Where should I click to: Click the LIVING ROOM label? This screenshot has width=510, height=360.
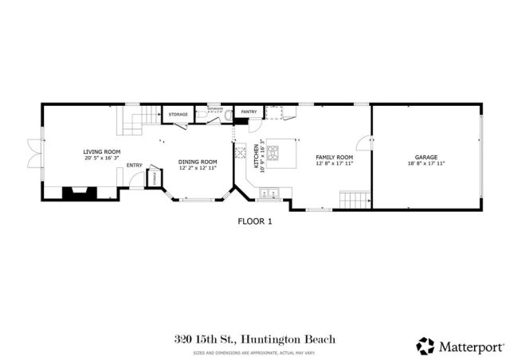click(x=101, y=151)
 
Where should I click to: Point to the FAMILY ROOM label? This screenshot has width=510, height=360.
click(x=334, y=157)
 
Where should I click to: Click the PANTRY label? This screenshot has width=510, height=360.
click(x=249, y=112)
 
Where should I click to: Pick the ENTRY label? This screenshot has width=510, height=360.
click(x=133, y=166)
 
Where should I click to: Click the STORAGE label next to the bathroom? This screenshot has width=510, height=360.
click(x=178, y=115)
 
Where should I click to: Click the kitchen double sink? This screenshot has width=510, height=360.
click(x=269, y=191)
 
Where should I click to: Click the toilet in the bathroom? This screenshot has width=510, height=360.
click(x=228, y=116)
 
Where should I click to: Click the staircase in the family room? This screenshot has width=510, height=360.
click(x=354, y=198)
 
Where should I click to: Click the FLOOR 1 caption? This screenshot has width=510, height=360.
click(x=255, y=222)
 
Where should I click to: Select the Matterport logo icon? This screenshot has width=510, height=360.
click(x=426, y=345)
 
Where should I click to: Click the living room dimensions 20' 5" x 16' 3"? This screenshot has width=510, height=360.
click(x=101, y=158)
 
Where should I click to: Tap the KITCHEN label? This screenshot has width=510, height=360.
click(x=257, y=157)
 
